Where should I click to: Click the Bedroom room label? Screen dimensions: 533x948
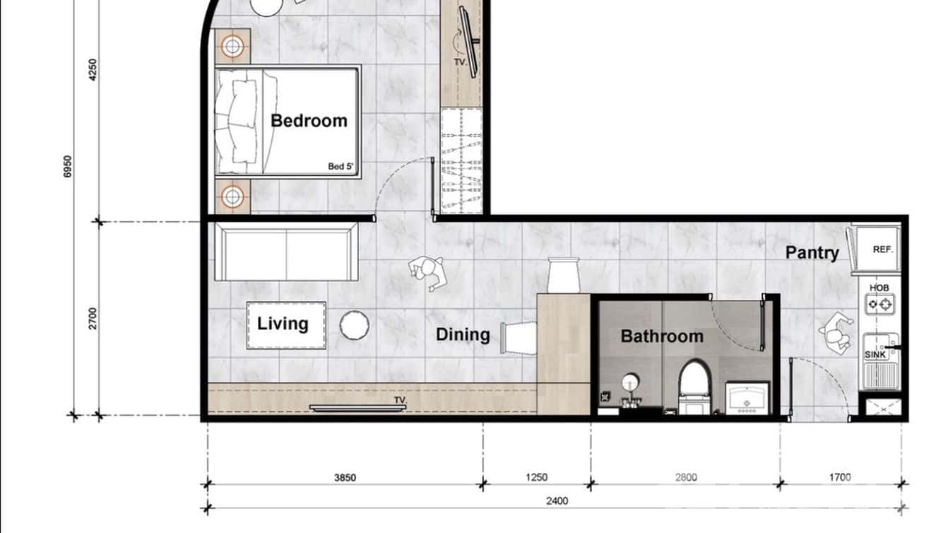pyautogui.click(x=309, y=121)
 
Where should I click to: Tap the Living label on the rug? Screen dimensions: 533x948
pyautogui.click(x=283, y=324)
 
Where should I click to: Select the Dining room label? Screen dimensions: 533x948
pyautogui.click(x=463, y=334)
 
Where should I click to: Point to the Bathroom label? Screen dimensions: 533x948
pyautogui.click(x=662, y=336)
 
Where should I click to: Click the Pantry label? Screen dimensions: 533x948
pyautogui.click(x=812, y=252)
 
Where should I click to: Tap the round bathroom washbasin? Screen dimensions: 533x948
pyautogui.click(x=631, y=383)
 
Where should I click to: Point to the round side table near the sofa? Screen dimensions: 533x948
pyautogui.click(x=354, y=325)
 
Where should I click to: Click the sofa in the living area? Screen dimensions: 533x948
pyautogui.click(x=286, y=252)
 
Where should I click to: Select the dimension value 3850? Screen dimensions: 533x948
pyautogui.click(x=345, y=478)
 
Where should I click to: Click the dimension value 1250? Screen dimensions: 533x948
pyautogui.click(x=537, y=478)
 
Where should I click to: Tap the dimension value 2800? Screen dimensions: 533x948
pyautogui.click(x=685, y=478)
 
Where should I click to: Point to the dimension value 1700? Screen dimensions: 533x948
pyautogui.click(x=840, y=478)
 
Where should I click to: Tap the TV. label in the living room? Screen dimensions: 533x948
pyautogui.click(x=401, y=401)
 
